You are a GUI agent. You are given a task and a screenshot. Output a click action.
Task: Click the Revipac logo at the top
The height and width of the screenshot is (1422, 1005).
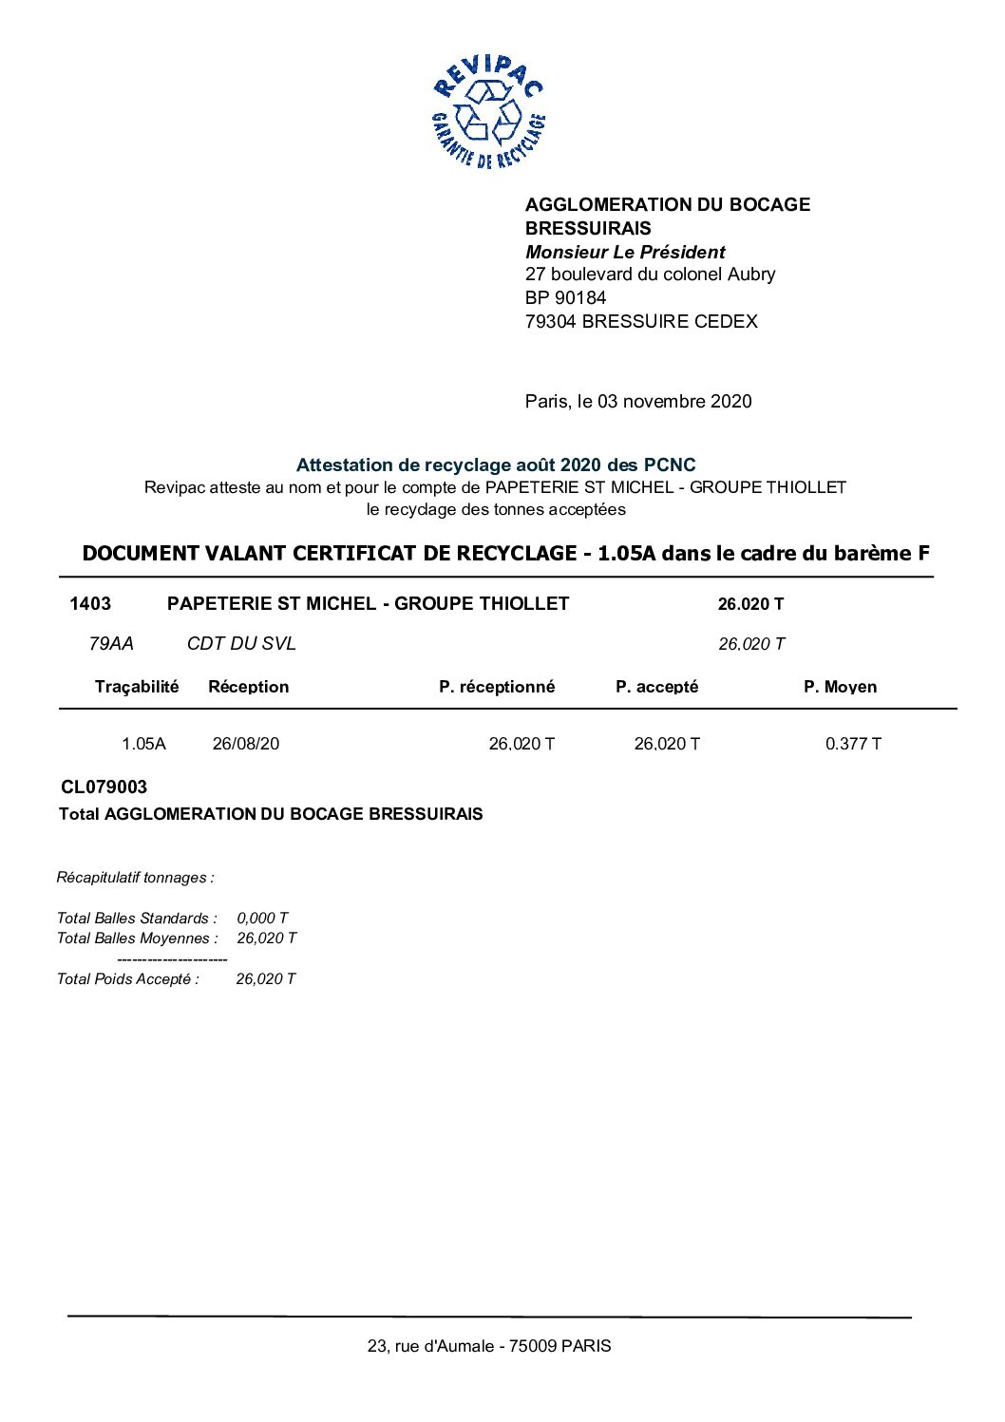point(488,112)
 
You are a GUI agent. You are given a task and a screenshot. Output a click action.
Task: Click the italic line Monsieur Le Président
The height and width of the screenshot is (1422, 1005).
point(625,252)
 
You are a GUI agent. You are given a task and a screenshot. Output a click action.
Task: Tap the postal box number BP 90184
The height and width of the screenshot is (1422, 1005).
point(565,297)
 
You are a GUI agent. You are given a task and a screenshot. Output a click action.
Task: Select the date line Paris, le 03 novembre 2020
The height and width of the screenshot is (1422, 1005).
point(637,401)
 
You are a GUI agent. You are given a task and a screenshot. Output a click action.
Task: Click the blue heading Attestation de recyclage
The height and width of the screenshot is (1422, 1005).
point(495,465)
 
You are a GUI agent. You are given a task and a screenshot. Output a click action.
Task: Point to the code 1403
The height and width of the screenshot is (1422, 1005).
point(90,603)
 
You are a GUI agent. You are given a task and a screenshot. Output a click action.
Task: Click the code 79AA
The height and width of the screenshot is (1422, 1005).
point(111,643)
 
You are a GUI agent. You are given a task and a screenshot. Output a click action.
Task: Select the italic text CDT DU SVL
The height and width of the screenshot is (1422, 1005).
point(241,643)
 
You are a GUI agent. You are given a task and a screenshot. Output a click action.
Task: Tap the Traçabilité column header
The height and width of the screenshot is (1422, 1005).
point(136,687)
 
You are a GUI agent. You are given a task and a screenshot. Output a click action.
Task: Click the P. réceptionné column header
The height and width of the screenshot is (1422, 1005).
point(496,687)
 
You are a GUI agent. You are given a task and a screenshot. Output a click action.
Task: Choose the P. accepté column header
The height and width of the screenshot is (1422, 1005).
point(656,687)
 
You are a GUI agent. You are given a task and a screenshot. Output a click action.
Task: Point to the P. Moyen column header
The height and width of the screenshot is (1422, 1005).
point(840,687)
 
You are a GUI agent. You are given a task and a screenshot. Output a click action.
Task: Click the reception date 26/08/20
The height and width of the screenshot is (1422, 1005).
point(246,744)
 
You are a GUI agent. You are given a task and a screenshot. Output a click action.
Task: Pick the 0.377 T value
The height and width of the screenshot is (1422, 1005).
point(853,744)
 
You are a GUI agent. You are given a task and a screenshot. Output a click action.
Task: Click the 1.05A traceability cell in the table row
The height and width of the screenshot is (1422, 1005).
point(143,744)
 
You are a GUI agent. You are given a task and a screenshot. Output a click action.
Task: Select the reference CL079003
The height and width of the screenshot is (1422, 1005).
point(104,787)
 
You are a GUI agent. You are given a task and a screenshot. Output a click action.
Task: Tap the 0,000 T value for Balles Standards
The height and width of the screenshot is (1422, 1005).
point(262,918)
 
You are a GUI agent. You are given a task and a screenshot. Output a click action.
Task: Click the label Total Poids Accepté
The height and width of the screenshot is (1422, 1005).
point(128,978)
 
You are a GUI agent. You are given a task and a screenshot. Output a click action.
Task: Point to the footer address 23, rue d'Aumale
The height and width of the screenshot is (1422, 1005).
point(489,1345)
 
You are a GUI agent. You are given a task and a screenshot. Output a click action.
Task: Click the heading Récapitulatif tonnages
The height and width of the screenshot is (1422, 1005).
point(135,878)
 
